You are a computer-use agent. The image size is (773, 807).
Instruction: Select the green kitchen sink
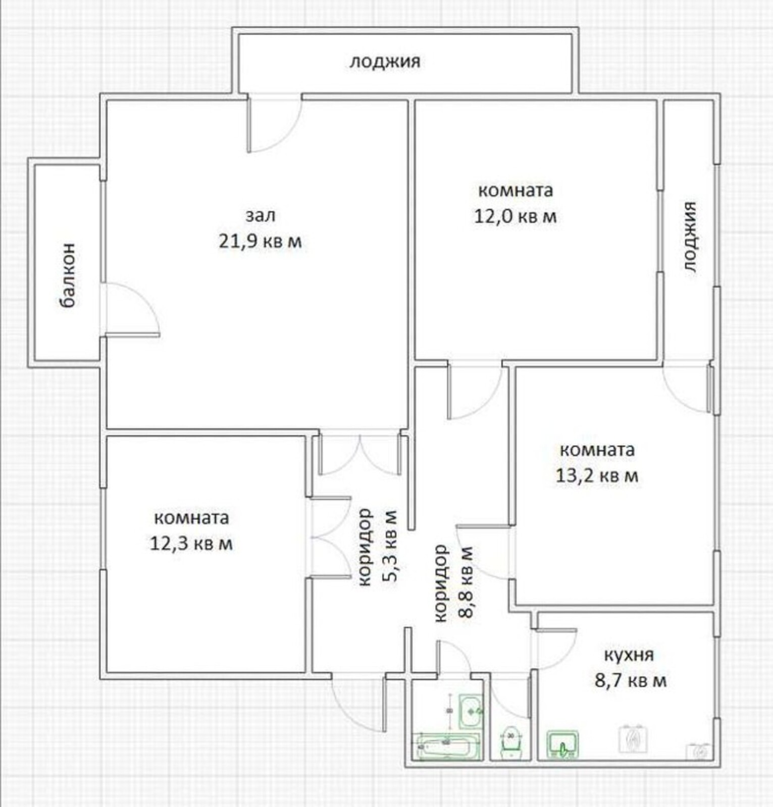coord(562,744)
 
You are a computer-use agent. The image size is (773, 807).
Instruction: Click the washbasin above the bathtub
coord(470,711)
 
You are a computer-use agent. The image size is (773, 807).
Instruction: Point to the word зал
coord(261,215)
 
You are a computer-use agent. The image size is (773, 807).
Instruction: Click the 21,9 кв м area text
coord(260,242)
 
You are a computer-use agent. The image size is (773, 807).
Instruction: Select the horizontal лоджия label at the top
coord(385,62)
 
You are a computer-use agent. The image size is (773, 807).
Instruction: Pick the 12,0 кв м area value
coord(515,216)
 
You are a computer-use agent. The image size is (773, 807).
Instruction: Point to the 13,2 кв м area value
coord(597,476)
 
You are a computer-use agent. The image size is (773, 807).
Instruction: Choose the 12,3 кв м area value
coord(191,544)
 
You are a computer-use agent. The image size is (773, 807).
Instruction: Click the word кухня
coord(629,655)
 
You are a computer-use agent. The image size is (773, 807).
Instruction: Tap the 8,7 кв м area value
coord(631,681)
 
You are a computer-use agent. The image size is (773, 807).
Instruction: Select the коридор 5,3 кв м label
coord(378,547)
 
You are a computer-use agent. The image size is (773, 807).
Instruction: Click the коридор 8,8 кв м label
coord(453,583)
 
